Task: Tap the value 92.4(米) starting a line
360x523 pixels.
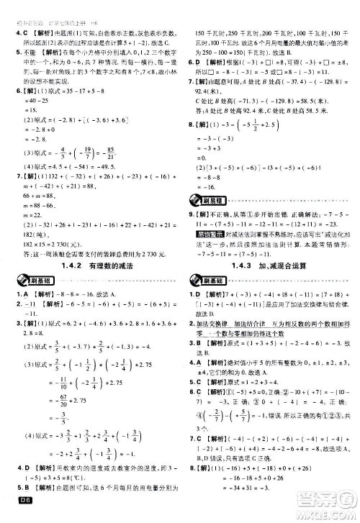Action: tap(213, 94)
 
